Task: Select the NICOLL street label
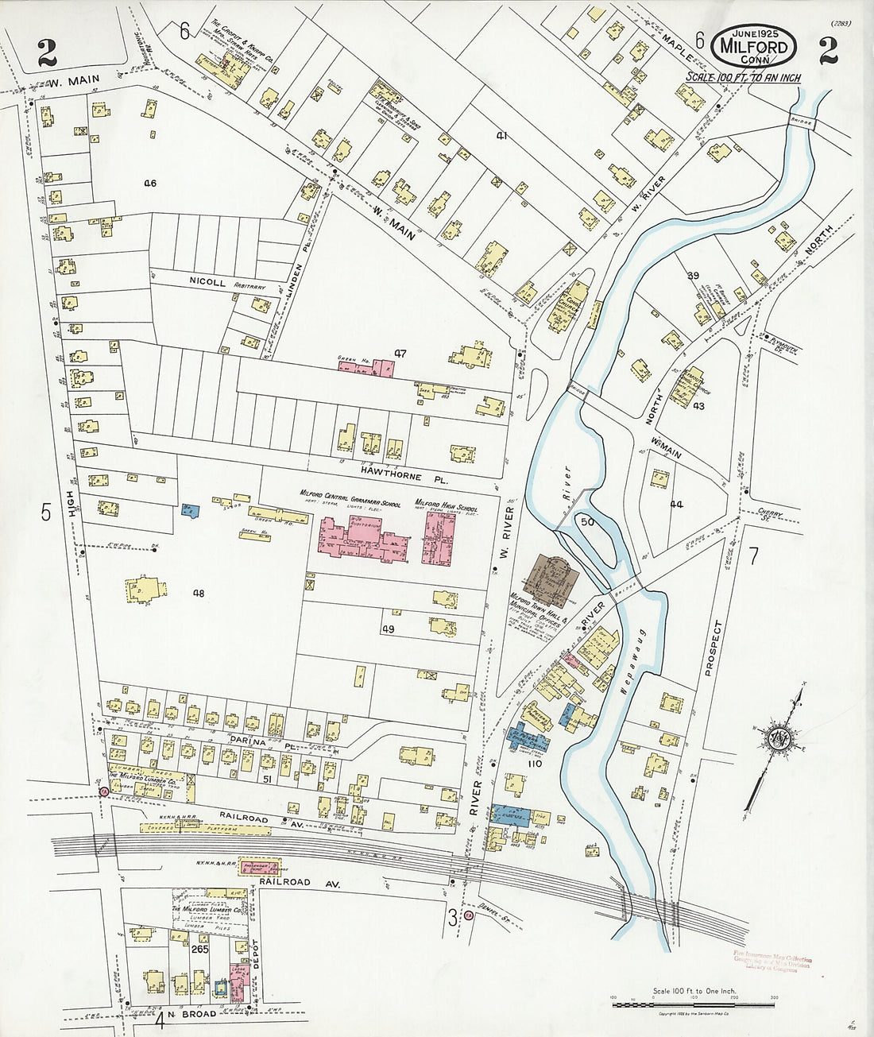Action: pos(208,281)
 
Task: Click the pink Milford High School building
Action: pos(438,538)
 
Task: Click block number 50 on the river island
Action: pos(588,521)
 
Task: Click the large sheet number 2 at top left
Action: pos(46,54)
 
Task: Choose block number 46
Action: pos(149,184)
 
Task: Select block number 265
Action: pos(199,949)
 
